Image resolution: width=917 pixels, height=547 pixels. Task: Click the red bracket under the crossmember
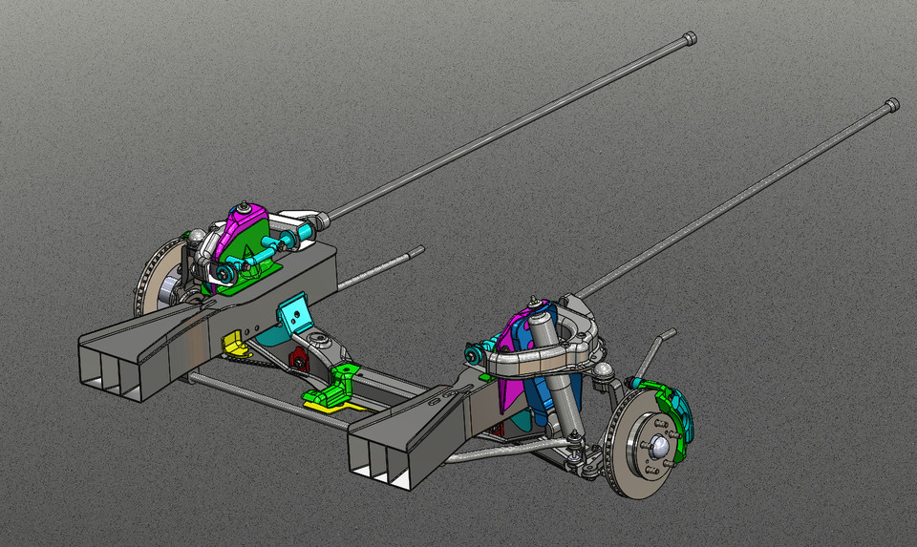coord(299,359)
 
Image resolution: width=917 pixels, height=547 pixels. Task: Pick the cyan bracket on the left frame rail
coord(294,313)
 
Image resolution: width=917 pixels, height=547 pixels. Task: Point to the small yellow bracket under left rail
coord(230,343)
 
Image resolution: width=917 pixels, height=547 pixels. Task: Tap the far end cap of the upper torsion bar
coord(690,38)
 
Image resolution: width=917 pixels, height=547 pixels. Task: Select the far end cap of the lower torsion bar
coord(892,104)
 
